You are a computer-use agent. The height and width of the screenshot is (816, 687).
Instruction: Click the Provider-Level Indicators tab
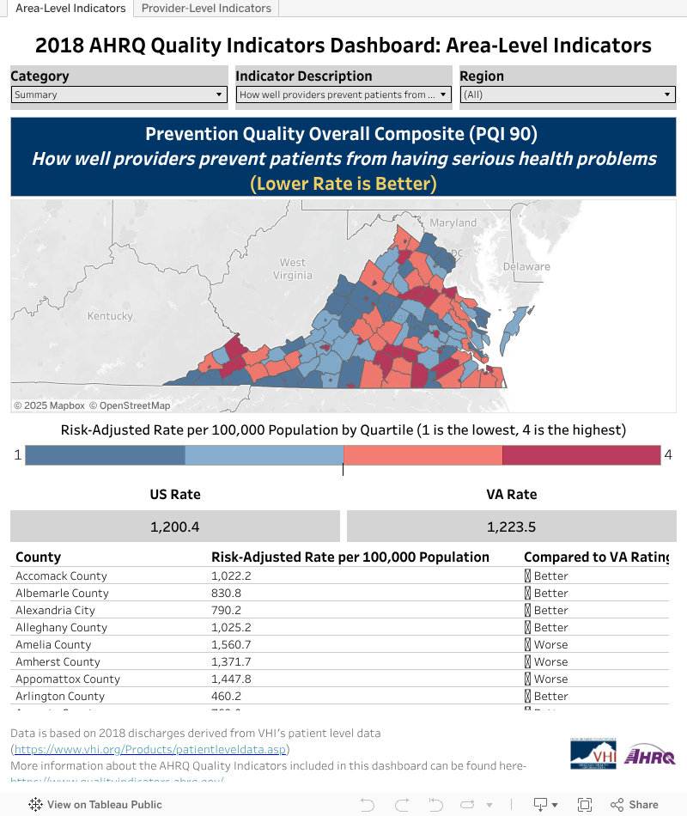(x=206, y=9)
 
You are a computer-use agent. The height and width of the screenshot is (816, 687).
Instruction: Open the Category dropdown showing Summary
(x=119, y=94)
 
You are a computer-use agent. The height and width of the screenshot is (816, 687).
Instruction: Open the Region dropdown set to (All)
(x=568, y=94)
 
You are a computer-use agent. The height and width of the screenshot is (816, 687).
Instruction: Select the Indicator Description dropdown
(x=343, y=94)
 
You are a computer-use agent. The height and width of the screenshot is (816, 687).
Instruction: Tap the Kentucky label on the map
(x=111, y=316)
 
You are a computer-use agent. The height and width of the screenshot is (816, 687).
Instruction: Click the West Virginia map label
(x=293, y=269)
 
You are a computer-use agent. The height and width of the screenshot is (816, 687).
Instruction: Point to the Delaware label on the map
(x=526, y=266)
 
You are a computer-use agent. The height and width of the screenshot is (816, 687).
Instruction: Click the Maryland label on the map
(x=453, y=222)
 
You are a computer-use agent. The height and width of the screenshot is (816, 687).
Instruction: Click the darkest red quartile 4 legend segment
(x=581, y=455)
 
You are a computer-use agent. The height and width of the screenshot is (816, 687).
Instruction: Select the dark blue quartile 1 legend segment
(x=105, y=455)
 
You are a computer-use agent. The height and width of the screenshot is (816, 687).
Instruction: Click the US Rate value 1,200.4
(x=175, y=527)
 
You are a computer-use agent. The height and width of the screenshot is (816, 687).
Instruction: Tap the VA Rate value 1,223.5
(x=511, y=527)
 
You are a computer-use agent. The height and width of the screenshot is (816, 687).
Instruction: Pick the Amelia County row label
(x=53, y=645)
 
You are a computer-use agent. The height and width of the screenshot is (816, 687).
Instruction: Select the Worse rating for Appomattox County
(x=550, y=679)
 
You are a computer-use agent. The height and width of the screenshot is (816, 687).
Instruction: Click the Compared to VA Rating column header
(x=596, y=557)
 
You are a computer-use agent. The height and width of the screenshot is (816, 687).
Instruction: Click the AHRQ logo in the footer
(x=649, y=756)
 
